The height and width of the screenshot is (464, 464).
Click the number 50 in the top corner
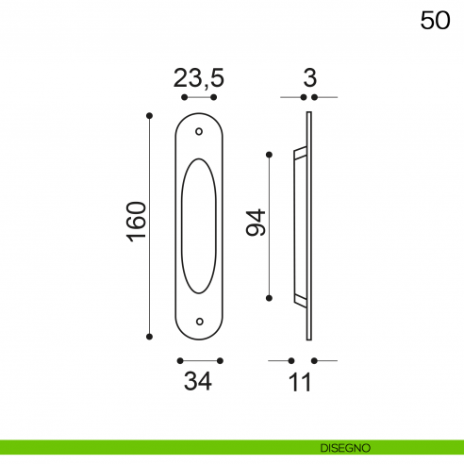point(435,21)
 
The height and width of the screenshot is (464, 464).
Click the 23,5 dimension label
point(199,78)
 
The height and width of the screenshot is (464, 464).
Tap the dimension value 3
point(309,77)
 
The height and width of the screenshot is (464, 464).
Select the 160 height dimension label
point(137,222)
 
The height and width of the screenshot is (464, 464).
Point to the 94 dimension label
point(256,223)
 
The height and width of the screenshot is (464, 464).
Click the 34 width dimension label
point(198,381)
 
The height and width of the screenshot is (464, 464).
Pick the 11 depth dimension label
point(301,382)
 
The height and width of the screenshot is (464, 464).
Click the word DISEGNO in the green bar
point(345,448)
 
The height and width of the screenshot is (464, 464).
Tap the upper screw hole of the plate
point(199,131)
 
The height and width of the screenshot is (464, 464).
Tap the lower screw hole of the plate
point(199,322)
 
